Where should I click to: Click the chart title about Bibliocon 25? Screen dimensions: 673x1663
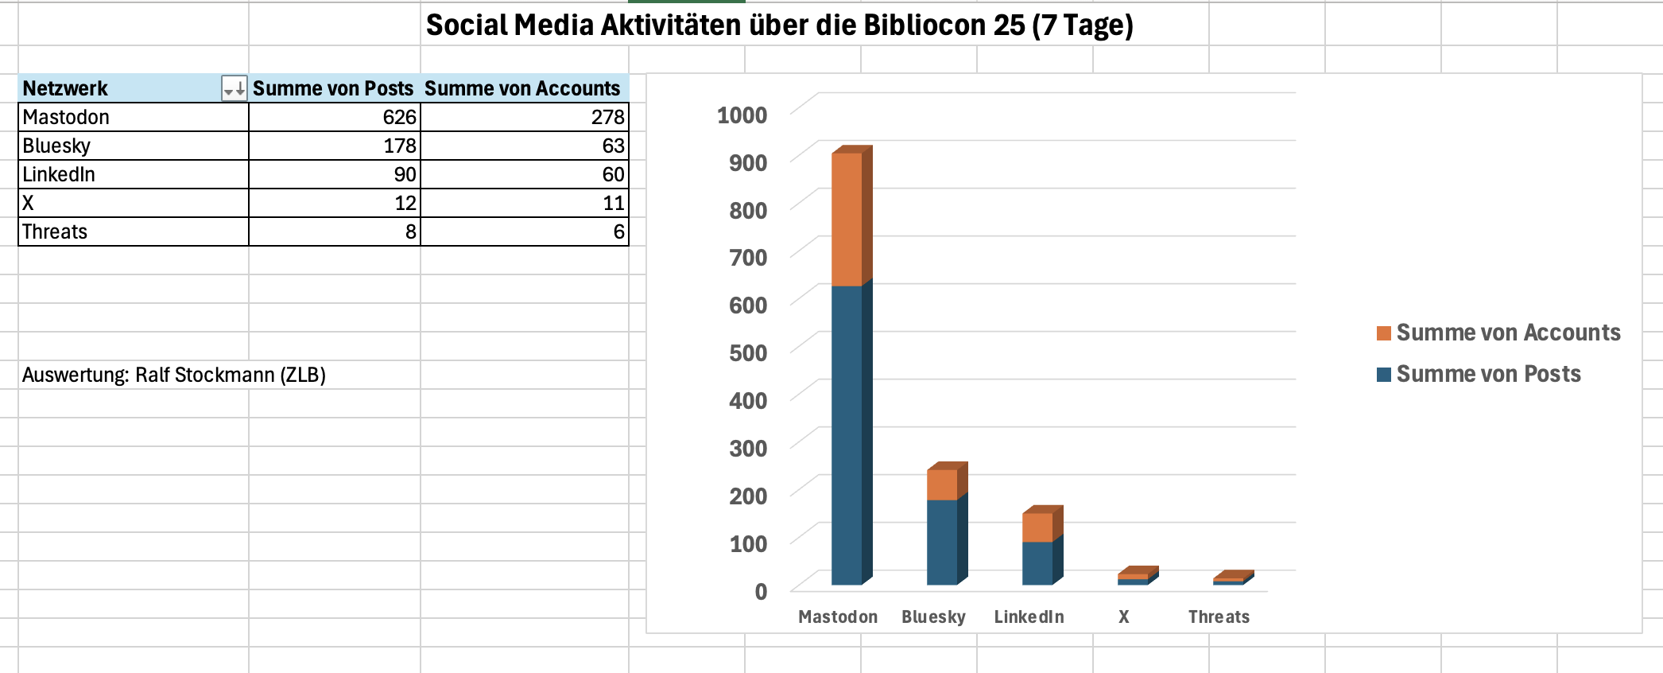(779, 25)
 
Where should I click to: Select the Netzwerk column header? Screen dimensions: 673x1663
(65, 88)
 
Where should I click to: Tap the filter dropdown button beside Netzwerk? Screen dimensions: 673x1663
(234, 88)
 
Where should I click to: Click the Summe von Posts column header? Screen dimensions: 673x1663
(333, 88)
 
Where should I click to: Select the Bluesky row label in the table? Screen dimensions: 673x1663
(56, 146)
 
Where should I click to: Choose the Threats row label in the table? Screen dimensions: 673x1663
(55, 231)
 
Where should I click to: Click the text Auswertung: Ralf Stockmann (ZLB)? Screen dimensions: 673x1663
(174, 375)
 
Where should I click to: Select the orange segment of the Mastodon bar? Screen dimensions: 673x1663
(847, 219)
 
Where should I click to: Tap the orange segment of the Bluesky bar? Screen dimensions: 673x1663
(942, 484)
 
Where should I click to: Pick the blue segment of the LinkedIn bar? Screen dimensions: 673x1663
(1037, 562)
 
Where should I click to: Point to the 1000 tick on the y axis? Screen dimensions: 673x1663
(742, 115)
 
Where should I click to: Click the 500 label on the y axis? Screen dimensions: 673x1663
(748, 352)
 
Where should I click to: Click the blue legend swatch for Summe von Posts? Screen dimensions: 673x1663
(1384, 375)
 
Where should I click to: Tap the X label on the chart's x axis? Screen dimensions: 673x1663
(1123, 617)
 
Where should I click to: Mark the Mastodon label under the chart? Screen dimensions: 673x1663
(838, 617)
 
